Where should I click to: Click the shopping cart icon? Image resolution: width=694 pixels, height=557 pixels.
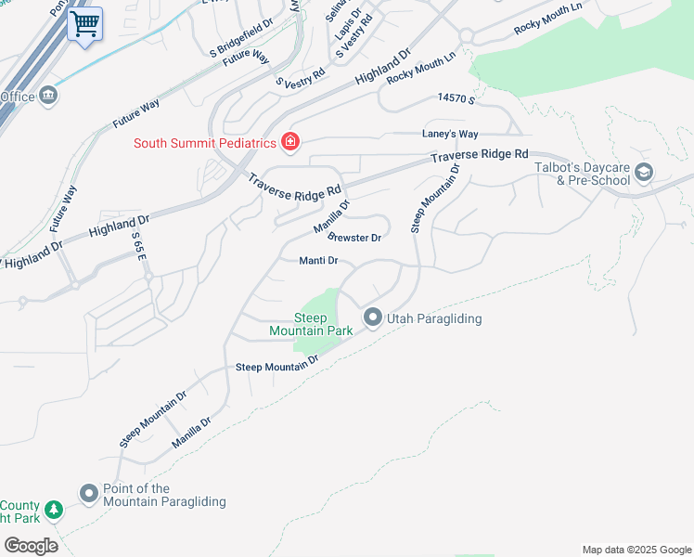pyautogui.click(x=84, y=23)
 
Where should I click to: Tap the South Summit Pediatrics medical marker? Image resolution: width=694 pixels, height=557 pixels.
pyautogui.click(x=290, y=142)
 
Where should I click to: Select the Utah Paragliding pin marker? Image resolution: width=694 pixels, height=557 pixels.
pyautogui.click(x=373, y=317)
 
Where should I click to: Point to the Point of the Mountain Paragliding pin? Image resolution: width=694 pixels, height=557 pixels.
pyautogui.click(x=89, y=494)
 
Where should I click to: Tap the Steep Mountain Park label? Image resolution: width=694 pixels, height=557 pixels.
pyautogui.click(x=298, y=324)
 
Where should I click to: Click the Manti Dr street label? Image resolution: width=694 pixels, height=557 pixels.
pyautogui.click(x=317, y=261)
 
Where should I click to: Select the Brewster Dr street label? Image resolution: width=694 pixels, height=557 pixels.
pyautogui.click(x=355, y=238)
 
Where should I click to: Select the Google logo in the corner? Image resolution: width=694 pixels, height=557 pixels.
pyautogui.click(x=31, y=546)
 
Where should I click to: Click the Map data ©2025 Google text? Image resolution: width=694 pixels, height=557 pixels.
pyautogui.click(x=636, y=550)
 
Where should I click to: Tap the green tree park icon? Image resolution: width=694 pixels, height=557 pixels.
pyautogui.click(x=54, y=509)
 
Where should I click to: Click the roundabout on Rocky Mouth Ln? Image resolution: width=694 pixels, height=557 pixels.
pyautogui.click(x=465, y=37)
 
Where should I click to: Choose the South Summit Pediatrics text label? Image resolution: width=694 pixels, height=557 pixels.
pyautogui.click(x=205, y=143)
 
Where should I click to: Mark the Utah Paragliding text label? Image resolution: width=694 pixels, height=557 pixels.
pyautogui.click(x=433, y=318)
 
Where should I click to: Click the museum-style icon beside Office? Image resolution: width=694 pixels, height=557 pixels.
pyautogui.click(x=47, y=96)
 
